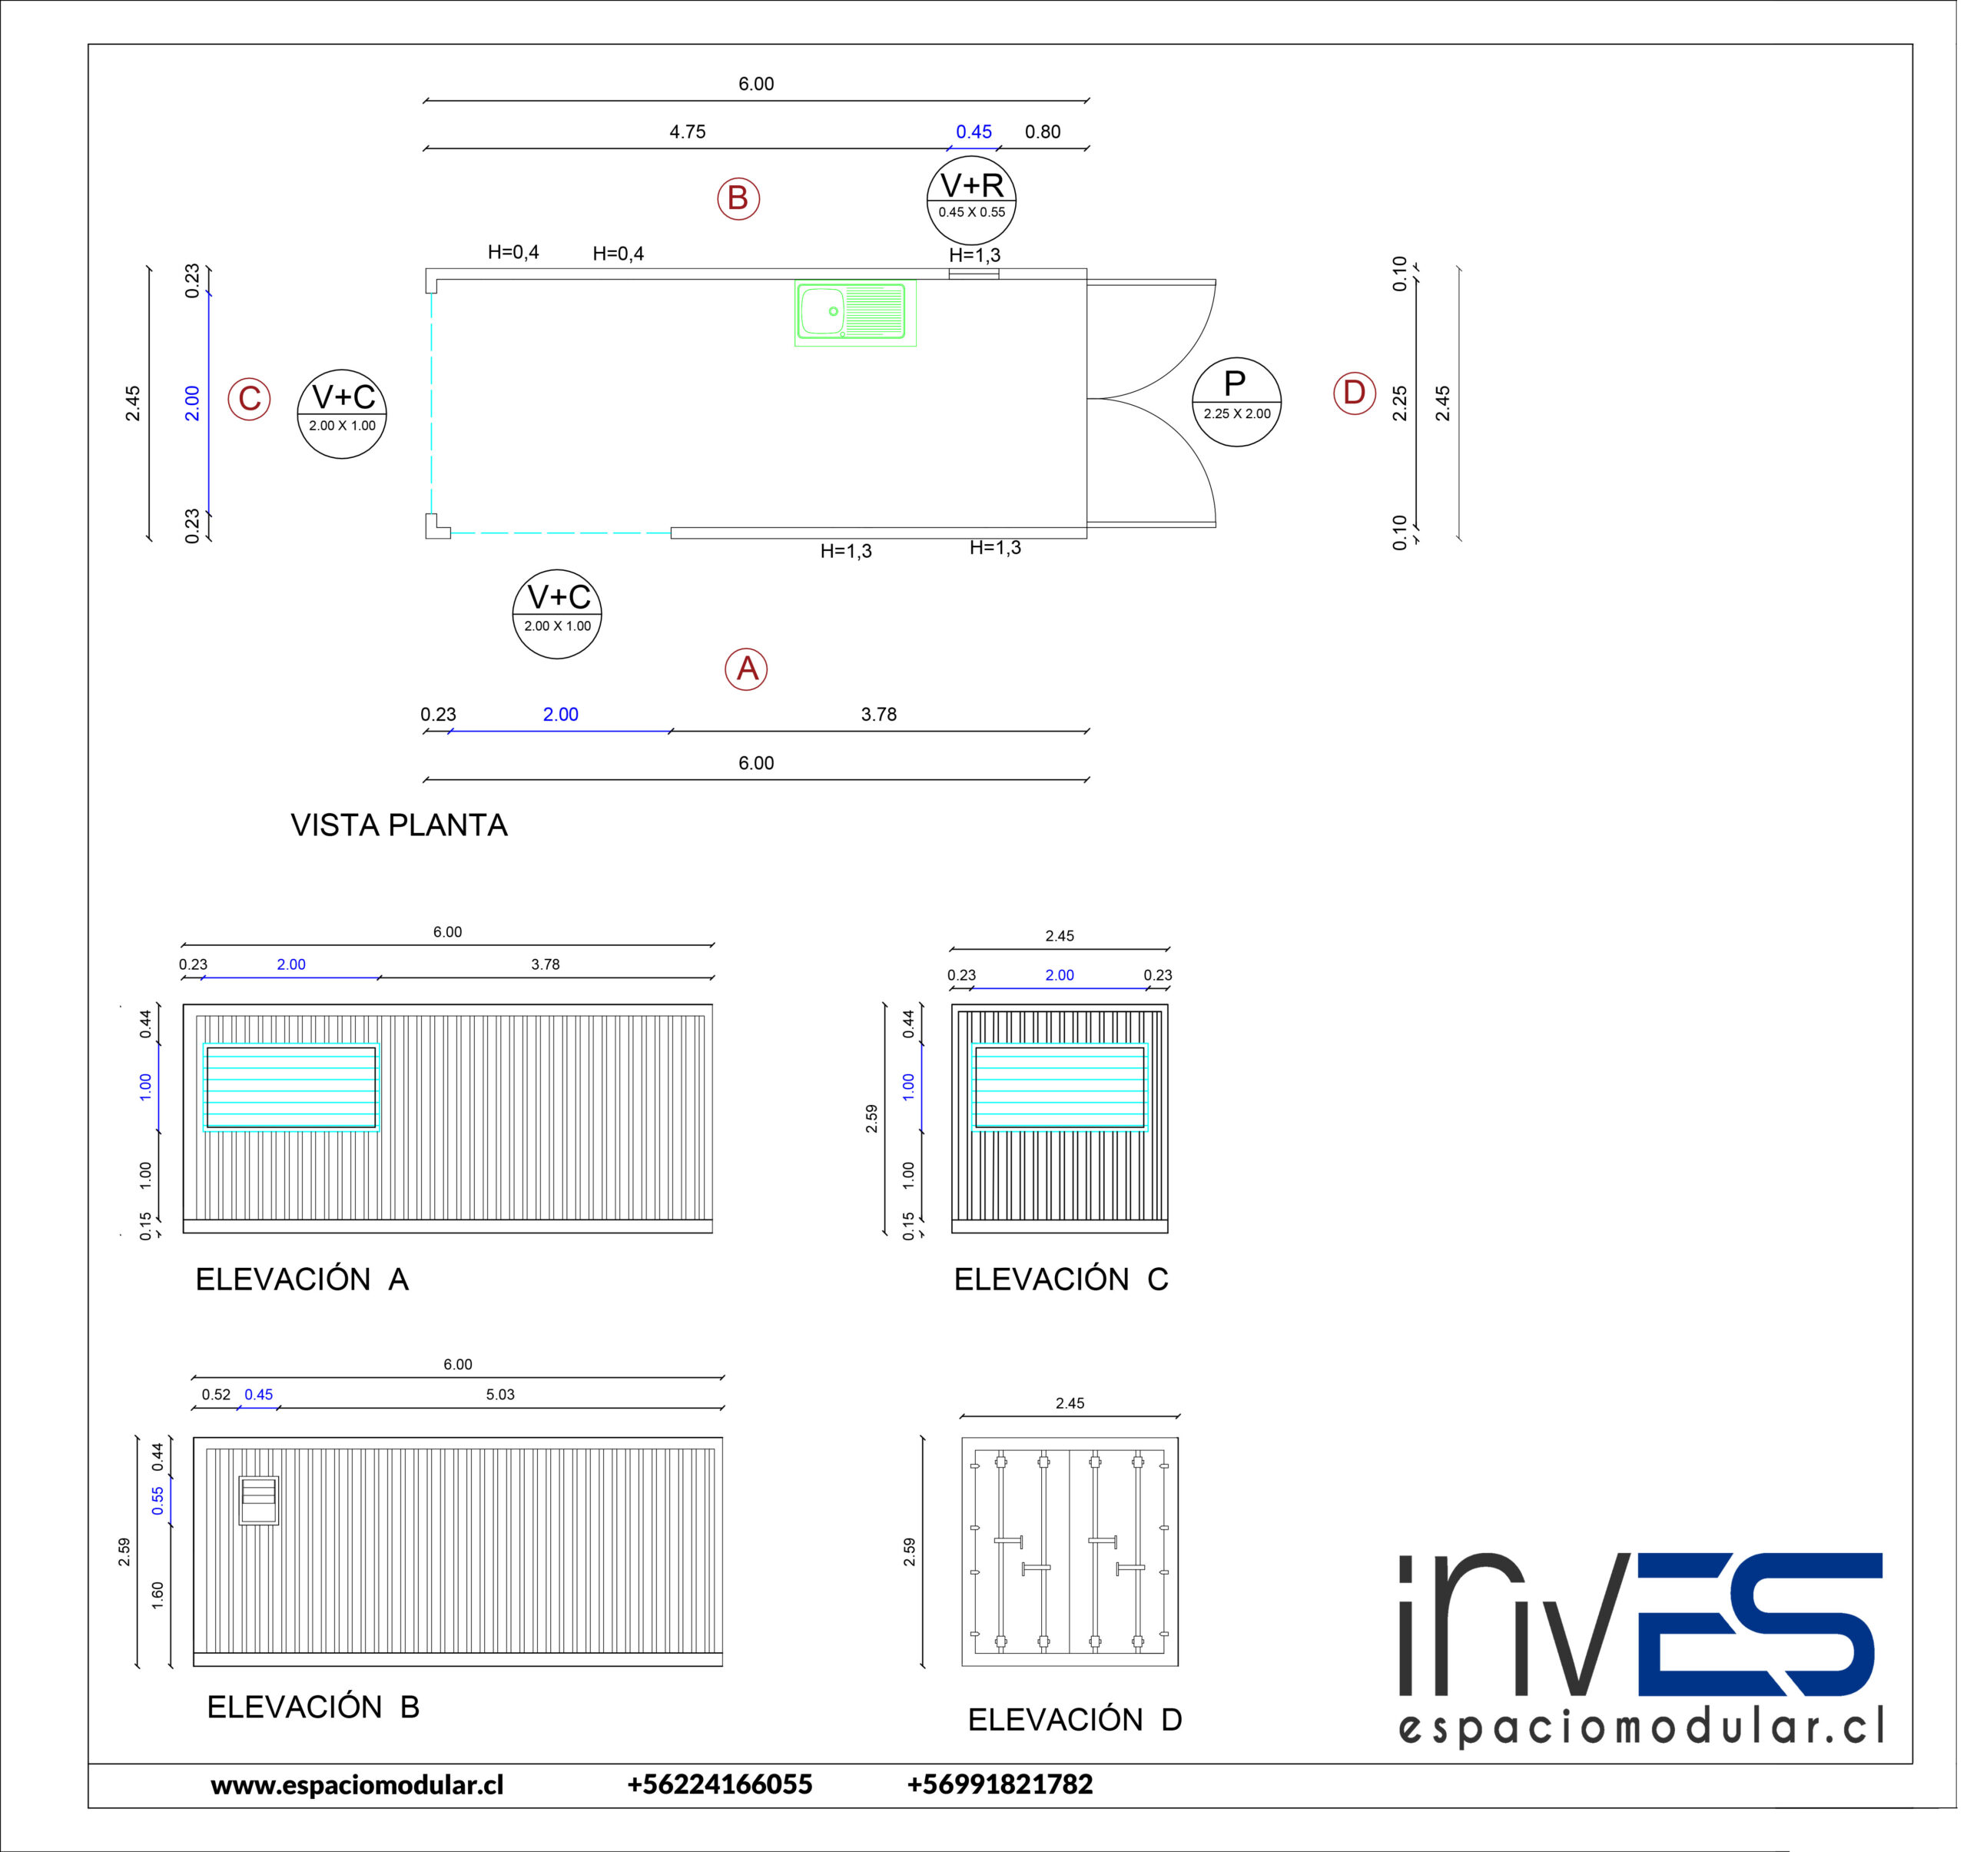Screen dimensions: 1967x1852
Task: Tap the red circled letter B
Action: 741,199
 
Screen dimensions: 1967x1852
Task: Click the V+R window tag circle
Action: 976,201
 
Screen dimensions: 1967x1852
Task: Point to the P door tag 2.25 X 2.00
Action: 1242,403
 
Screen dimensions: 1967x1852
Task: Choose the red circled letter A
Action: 749,672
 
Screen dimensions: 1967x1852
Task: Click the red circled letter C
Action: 250,400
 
